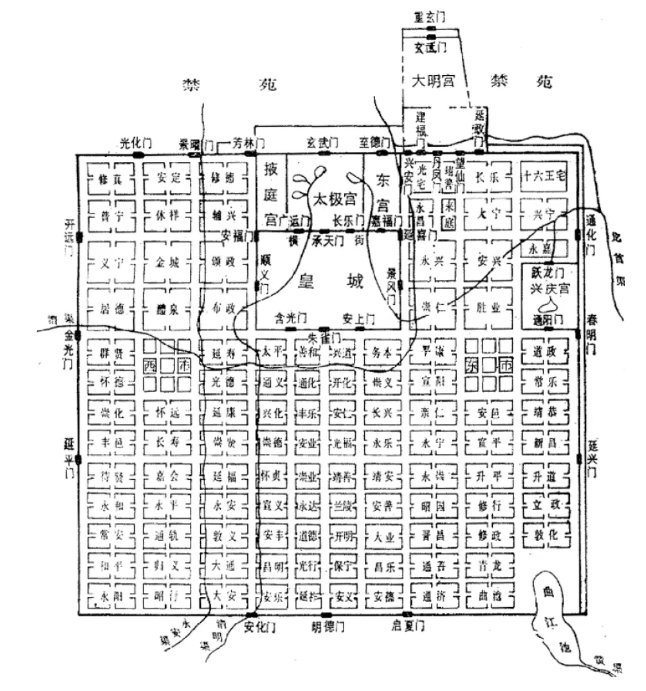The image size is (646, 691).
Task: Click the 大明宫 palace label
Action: point(433,80)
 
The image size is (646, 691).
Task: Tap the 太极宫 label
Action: point(334,199)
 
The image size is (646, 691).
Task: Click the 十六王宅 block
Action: point(543,176)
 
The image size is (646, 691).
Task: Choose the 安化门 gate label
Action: point(259,627)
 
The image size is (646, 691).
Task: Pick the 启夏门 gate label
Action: point(407,626)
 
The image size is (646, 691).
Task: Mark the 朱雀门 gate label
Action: point(325,335)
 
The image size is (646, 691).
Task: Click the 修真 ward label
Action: point(111,177)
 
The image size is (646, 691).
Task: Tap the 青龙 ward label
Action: point(489,565)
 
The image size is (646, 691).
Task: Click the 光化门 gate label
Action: point(135,143)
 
